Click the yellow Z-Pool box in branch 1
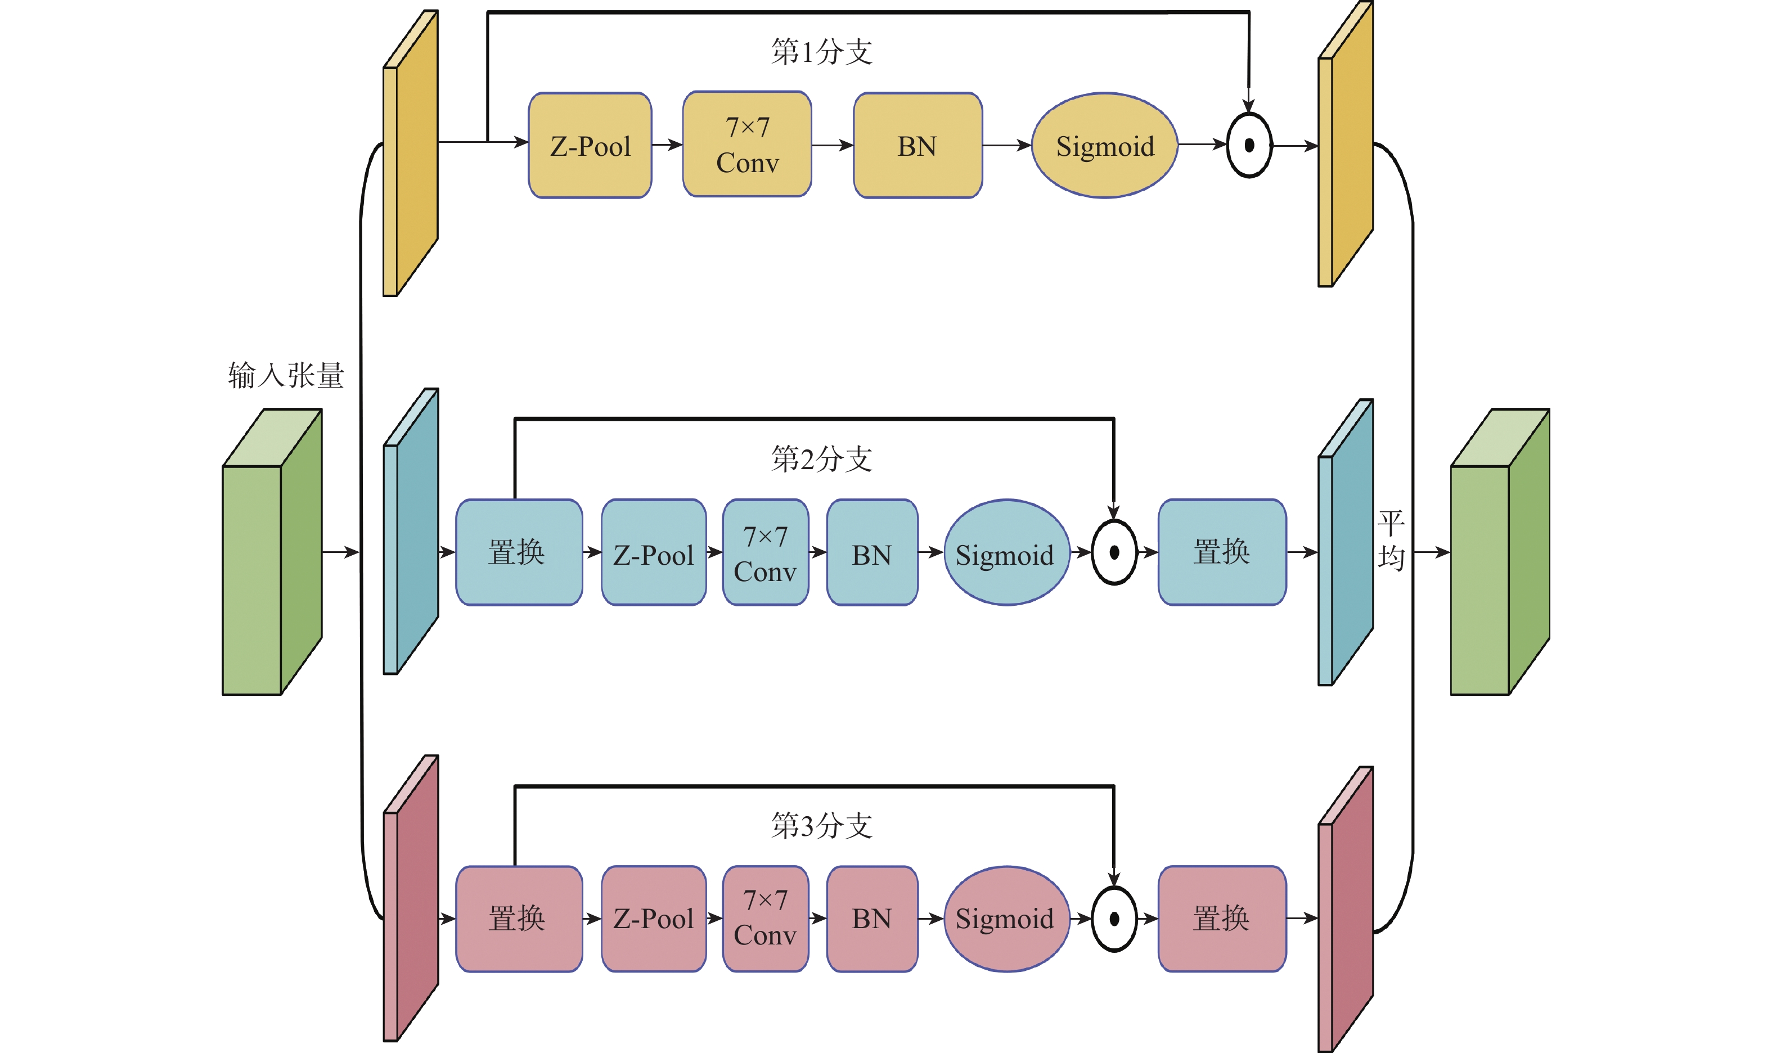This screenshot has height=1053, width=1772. [x=590, y=146]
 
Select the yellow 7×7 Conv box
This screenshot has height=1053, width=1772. [x=746, y=144]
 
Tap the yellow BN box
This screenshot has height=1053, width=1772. [x=918, y=146]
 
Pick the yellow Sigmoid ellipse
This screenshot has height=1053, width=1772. [x=1104, y=146]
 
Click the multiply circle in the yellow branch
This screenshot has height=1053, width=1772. [x=1249, y=146]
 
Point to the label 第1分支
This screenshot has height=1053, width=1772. [x=822, y=52]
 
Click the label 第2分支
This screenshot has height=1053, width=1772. [x=822, y=459]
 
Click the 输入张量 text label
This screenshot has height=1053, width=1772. [x=286, y=375]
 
